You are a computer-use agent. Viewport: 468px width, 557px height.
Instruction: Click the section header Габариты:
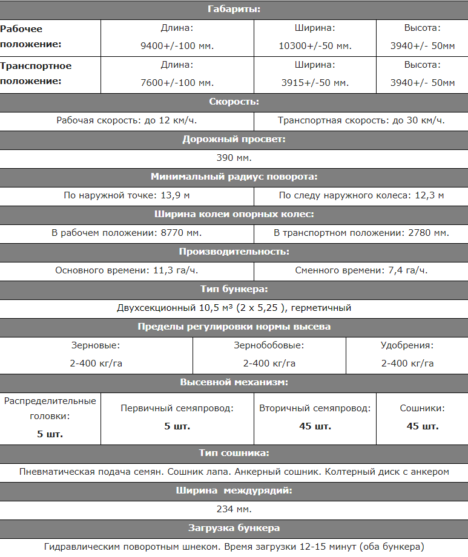(234, 10)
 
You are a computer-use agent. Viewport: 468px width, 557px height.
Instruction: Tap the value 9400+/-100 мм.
(177, 45)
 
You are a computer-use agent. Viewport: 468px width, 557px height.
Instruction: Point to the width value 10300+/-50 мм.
(315, 45)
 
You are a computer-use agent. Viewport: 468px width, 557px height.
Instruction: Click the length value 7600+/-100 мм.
(177, 83)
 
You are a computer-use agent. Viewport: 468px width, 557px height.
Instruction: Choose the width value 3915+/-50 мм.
(315, 83)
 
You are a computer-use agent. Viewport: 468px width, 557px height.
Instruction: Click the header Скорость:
(234, 102)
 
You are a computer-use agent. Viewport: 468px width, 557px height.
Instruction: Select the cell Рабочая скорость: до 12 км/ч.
(127, 120)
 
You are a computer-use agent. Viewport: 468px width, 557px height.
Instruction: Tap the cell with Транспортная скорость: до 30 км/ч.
(361, 120)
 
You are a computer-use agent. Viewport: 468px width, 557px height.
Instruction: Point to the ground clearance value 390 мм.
(234, 158)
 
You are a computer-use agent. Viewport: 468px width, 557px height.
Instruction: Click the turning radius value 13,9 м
(127, 195)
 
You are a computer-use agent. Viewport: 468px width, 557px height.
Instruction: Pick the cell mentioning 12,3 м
(361, 195)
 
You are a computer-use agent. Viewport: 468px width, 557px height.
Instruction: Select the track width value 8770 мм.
(127, 233)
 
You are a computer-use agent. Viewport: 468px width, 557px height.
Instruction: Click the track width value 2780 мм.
(361, 233)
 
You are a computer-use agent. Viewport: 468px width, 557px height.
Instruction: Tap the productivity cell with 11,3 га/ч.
(127, 270)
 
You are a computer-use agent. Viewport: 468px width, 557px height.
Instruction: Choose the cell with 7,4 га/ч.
(361, 270)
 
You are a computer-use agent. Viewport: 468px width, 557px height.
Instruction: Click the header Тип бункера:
(234, 289)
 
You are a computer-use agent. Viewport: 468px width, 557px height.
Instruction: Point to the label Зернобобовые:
(269, 345)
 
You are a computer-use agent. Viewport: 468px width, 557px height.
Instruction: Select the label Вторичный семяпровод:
(315, 408)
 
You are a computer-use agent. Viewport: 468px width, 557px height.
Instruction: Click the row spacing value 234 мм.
(234, 509)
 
